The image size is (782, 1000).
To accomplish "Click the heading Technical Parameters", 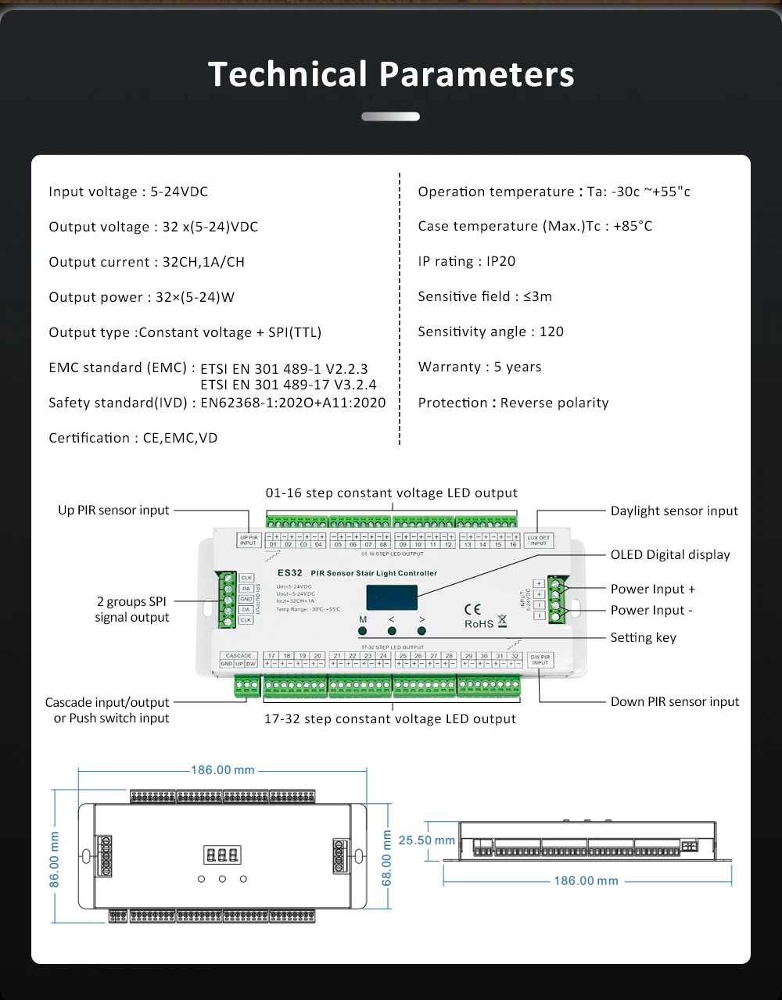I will (391, 74).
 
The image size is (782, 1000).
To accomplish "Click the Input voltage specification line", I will (128, 192).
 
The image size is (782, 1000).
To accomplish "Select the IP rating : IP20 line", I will (467, 261).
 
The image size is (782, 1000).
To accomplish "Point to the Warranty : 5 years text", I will (479, 367).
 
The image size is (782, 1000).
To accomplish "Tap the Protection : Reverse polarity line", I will (513, 403).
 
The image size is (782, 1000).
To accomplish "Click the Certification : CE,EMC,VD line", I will (133, 438).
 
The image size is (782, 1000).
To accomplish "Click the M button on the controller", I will (363, 630).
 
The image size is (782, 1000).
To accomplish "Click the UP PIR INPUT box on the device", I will (248, 540).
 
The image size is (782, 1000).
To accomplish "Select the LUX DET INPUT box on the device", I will (538, 540).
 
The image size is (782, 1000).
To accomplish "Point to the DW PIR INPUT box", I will (540, 659).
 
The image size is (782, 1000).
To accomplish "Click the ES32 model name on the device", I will (289, 573).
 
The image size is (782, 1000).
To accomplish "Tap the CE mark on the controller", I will (472, 609).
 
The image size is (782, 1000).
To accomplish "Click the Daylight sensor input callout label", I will (674, 511).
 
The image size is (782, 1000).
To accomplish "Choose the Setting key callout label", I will (643, 637).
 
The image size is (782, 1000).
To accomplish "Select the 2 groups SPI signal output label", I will (132, 609).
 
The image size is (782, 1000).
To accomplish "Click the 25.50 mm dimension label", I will (426, 840).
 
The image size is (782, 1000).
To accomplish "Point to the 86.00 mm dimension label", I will (55, 858).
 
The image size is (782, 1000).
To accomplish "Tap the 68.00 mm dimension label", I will (386, 858).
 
